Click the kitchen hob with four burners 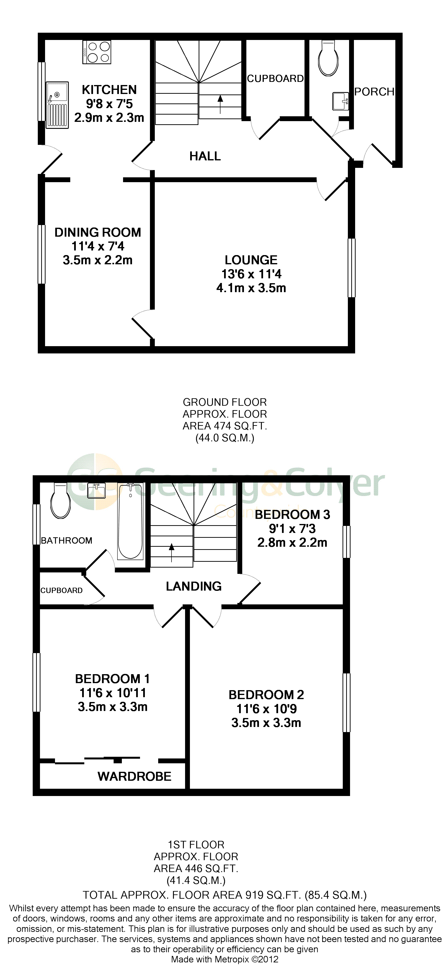click(x=97, y=52)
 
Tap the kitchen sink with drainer click(x=57, y=105)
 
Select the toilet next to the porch click(x=328, y=58)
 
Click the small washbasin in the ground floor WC click(x=341, y=101)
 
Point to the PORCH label click(x=374, y=92)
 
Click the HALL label click(x=205, y=156)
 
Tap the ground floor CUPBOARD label click(x=275, y=78)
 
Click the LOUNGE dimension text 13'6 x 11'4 click(x=251, y=274)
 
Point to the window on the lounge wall click(x=351, y=267)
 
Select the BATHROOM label click(x=67, y=540)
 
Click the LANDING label click(x=194, y=586)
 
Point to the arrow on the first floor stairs click(x=172, y=552)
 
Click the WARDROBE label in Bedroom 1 click(x=134, y=776)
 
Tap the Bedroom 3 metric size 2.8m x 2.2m click(x=292, y=543)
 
